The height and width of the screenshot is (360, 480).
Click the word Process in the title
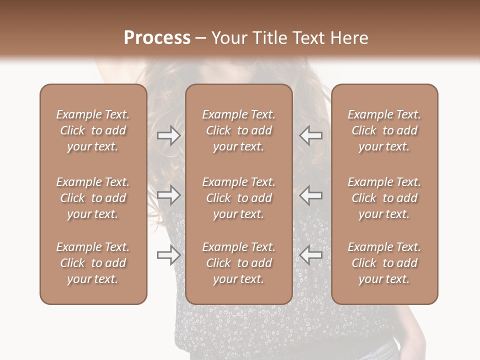click(x=157, y=38)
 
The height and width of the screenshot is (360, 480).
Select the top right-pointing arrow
click(x=168, y=135)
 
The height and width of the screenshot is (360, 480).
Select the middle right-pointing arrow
click(x=168, y=195)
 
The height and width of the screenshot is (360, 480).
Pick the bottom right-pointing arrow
click(x=168, y=255)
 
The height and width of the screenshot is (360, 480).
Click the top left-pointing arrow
click(x=311, y=135)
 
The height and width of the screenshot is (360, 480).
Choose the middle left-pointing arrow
click(x=311, y=195)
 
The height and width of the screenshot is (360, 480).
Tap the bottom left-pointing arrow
click(x=311, y=255)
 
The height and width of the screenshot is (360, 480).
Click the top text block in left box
click(x=93, y=130)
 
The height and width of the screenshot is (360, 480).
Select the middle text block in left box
click(x=93, y=198)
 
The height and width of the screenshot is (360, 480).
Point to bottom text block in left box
click(x=93, y=263)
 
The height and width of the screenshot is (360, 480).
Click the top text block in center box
click(x=238, y=130)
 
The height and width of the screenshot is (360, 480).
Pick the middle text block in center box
click(x=238, y=198)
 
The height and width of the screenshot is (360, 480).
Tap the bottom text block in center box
click(x=238, y=263)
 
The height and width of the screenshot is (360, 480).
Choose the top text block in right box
click(x=384, y=130)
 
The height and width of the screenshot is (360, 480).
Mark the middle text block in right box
click(x=384, y=198)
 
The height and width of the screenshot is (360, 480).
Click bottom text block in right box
click(x=384, y=263)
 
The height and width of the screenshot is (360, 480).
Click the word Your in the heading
click(x=228, y=38)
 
